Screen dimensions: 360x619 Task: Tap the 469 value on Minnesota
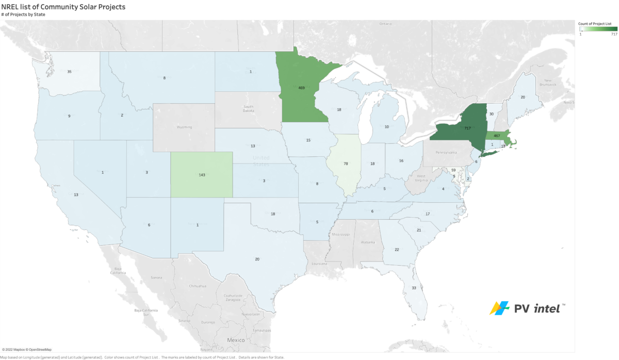(302, 88)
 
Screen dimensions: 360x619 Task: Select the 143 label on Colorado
(202, 175)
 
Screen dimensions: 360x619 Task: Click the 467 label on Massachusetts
(498, 136)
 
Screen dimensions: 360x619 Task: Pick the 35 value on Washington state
(70, 72)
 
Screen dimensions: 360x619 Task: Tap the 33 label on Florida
(414, 288)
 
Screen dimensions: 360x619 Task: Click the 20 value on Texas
(257, 259)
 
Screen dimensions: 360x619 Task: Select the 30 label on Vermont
(491, 114)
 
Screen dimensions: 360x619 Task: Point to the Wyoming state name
(184, 127)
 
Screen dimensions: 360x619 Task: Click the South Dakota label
(248, 108)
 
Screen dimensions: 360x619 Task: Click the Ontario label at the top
(386, 24)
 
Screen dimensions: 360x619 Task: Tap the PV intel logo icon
(499, 308)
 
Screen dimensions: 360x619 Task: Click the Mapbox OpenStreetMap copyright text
(26, 350)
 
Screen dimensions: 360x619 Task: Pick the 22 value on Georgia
(397, 250)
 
